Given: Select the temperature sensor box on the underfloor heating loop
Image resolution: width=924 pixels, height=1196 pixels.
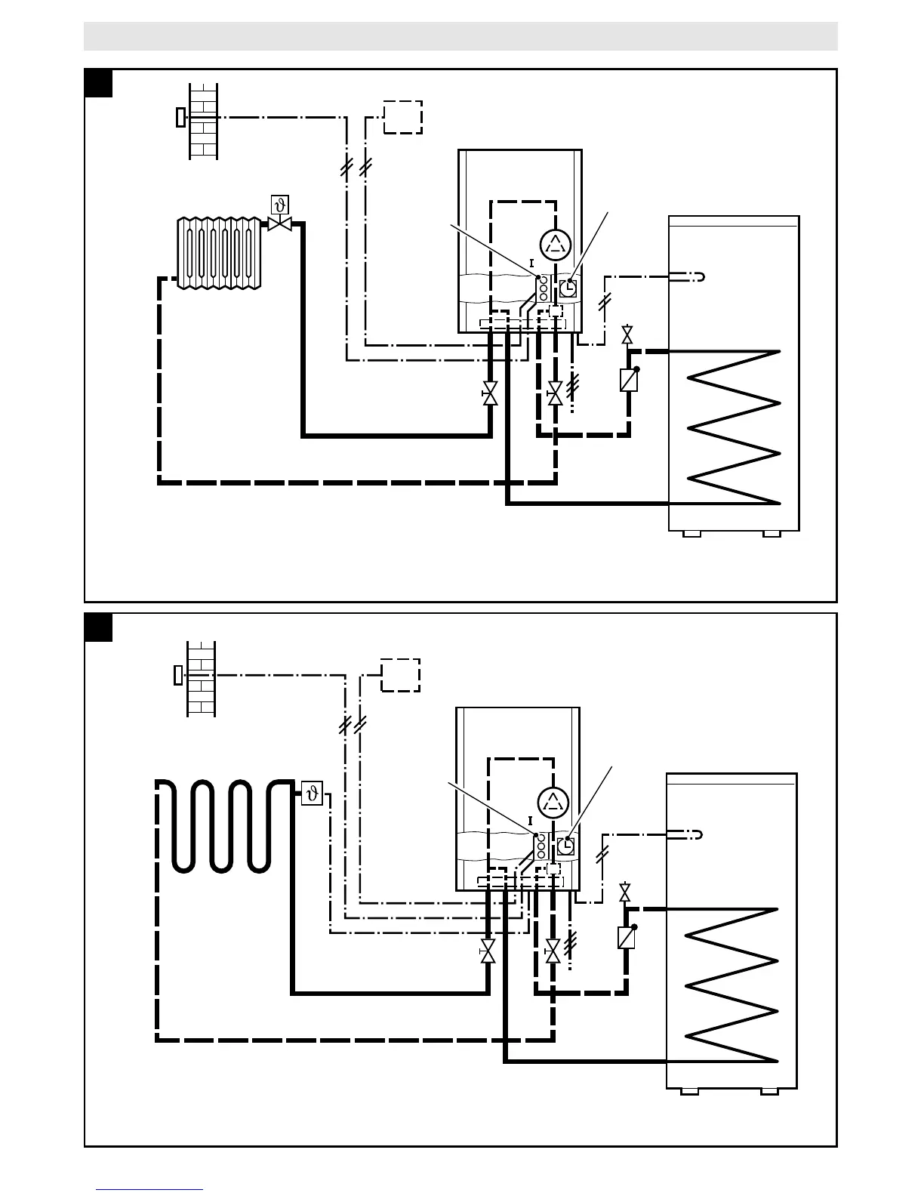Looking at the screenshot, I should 312,794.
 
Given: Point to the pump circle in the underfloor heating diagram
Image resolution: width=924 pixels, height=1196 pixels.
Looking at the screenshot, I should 553,801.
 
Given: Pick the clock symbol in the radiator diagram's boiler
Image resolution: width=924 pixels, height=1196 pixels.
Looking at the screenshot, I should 568,288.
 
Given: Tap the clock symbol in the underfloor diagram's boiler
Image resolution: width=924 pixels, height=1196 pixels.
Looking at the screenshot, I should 565,846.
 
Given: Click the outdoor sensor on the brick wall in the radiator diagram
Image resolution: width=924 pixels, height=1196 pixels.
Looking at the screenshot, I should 180,117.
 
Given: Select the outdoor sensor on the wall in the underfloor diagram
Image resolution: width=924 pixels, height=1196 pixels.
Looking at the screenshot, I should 178,674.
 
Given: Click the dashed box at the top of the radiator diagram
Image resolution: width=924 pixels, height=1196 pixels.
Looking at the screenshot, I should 402,117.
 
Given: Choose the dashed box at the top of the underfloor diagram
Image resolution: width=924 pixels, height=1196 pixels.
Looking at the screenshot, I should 400,674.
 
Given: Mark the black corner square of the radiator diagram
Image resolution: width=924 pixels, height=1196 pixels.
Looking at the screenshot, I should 99,83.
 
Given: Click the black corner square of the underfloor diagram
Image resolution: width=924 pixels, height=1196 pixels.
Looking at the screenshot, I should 99,627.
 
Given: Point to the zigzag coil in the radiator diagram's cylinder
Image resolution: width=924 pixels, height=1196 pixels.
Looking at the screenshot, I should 732,427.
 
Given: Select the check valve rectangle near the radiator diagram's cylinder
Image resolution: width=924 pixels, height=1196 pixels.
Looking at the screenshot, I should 627,380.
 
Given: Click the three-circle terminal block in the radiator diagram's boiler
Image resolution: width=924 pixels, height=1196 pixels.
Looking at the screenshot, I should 543,288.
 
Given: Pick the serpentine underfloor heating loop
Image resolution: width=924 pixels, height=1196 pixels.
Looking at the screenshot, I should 223,827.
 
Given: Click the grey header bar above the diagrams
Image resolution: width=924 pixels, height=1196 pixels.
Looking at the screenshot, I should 460,36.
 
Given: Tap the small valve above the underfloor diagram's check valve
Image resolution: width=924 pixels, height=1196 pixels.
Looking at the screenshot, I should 624,892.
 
